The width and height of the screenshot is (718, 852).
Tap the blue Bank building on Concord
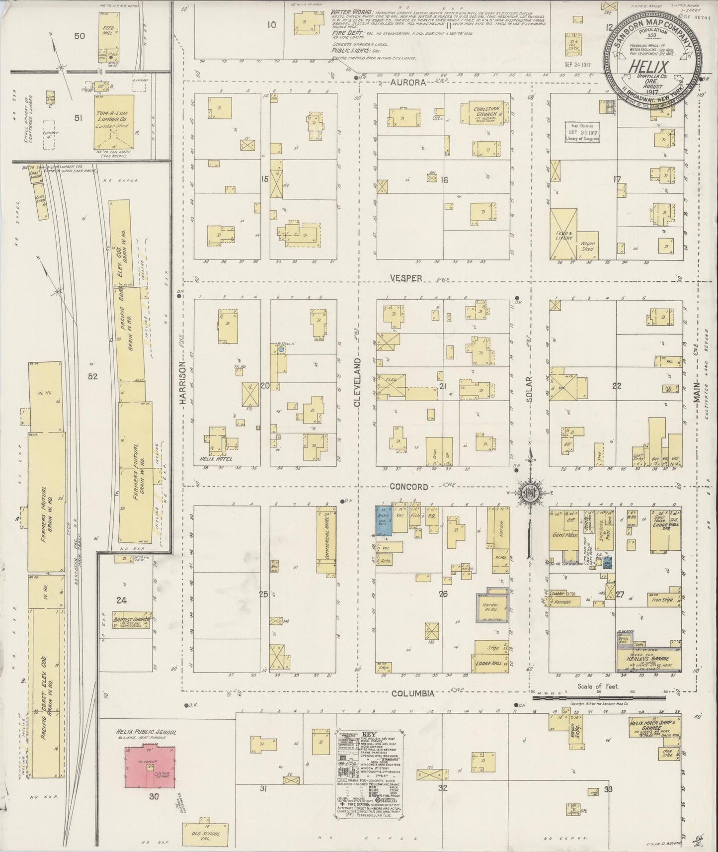coord(383,520)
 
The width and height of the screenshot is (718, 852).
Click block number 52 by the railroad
coord(92,376)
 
